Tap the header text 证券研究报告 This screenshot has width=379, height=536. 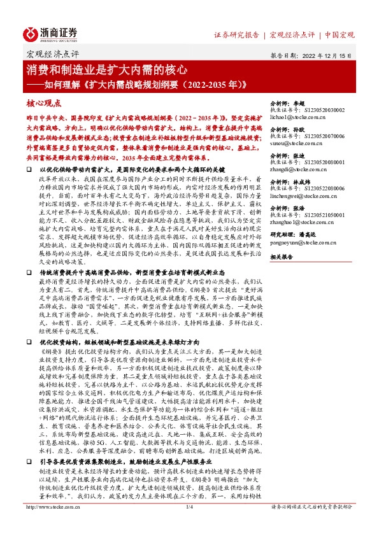pos(235,34)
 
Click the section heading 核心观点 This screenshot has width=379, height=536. pos(43,102)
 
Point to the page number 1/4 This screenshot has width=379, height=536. pos(189,525)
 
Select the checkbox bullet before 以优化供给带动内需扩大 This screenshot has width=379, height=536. pos(29,171)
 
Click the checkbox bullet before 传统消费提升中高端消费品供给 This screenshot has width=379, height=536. pos(29,272)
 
